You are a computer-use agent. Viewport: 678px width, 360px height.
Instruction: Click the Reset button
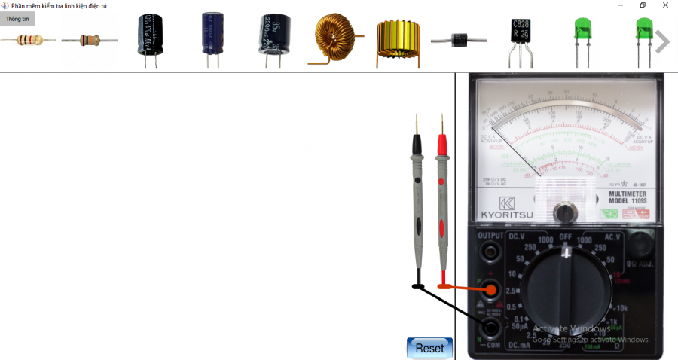[429, 348]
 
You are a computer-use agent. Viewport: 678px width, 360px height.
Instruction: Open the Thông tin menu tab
[17, 19]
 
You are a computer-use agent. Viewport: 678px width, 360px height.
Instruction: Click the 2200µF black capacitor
[274, 35]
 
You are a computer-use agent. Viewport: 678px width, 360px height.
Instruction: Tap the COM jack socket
[493, 327]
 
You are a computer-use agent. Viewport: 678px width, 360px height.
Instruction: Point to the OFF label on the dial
[566, 237]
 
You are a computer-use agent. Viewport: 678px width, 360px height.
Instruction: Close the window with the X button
[665, 5]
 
